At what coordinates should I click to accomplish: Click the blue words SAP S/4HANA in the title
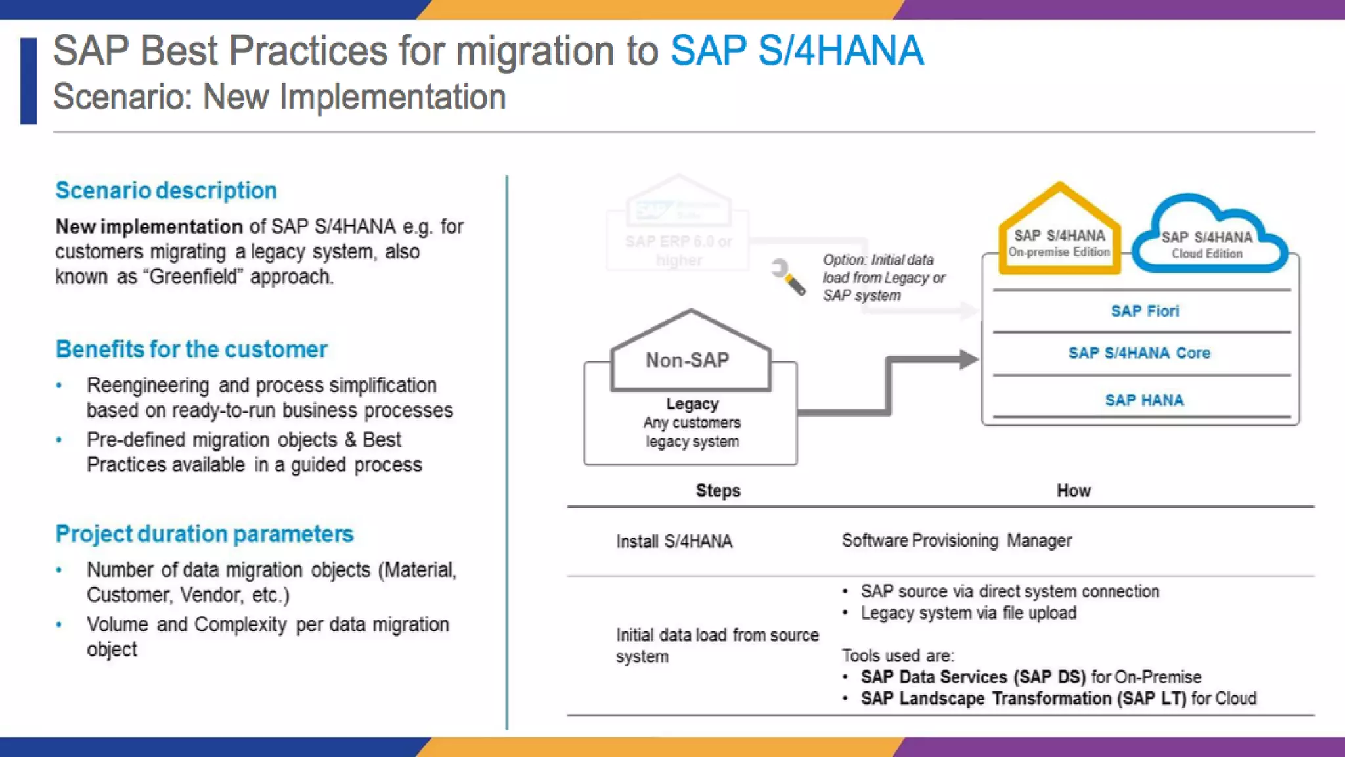[x=797, y=51]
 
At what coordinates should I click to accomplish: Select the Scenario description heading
[x=166, y=191]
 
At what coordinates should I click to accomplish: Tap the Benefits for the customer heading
[x=191, y=350]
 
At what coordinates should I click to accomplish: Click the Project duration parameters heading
[x=204, y=534]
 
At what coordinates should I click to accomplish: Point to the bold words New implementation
[x=149, y=227]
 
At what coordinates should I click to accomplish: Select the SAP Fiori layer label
[x=1145, y=311]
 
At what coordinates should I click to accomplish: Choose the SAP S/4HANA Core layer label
[x=1139, y=354]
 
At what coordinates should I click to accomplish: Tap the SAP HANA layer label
[x=1144, y=401]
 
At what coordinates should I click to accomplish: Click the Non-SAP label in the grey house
[x=688, y=360]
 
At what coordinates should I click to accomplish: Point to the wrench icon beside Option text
[x=788, y=277]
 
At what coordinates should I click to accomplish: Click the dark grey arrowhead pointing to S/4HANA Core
[x=968, y=359]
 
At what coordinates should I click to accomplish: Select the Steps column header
[x=718, y=491]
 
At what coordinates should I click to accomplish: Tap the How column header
[x=1073, y=491]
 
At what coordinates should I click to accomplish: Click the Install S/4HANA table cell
[x=674, y=541]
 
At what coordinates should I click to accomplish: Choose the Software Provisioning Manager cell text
[x=956, y=541]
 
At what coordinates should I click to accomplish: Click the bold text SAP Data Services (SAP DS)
[x=973, y=677]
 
